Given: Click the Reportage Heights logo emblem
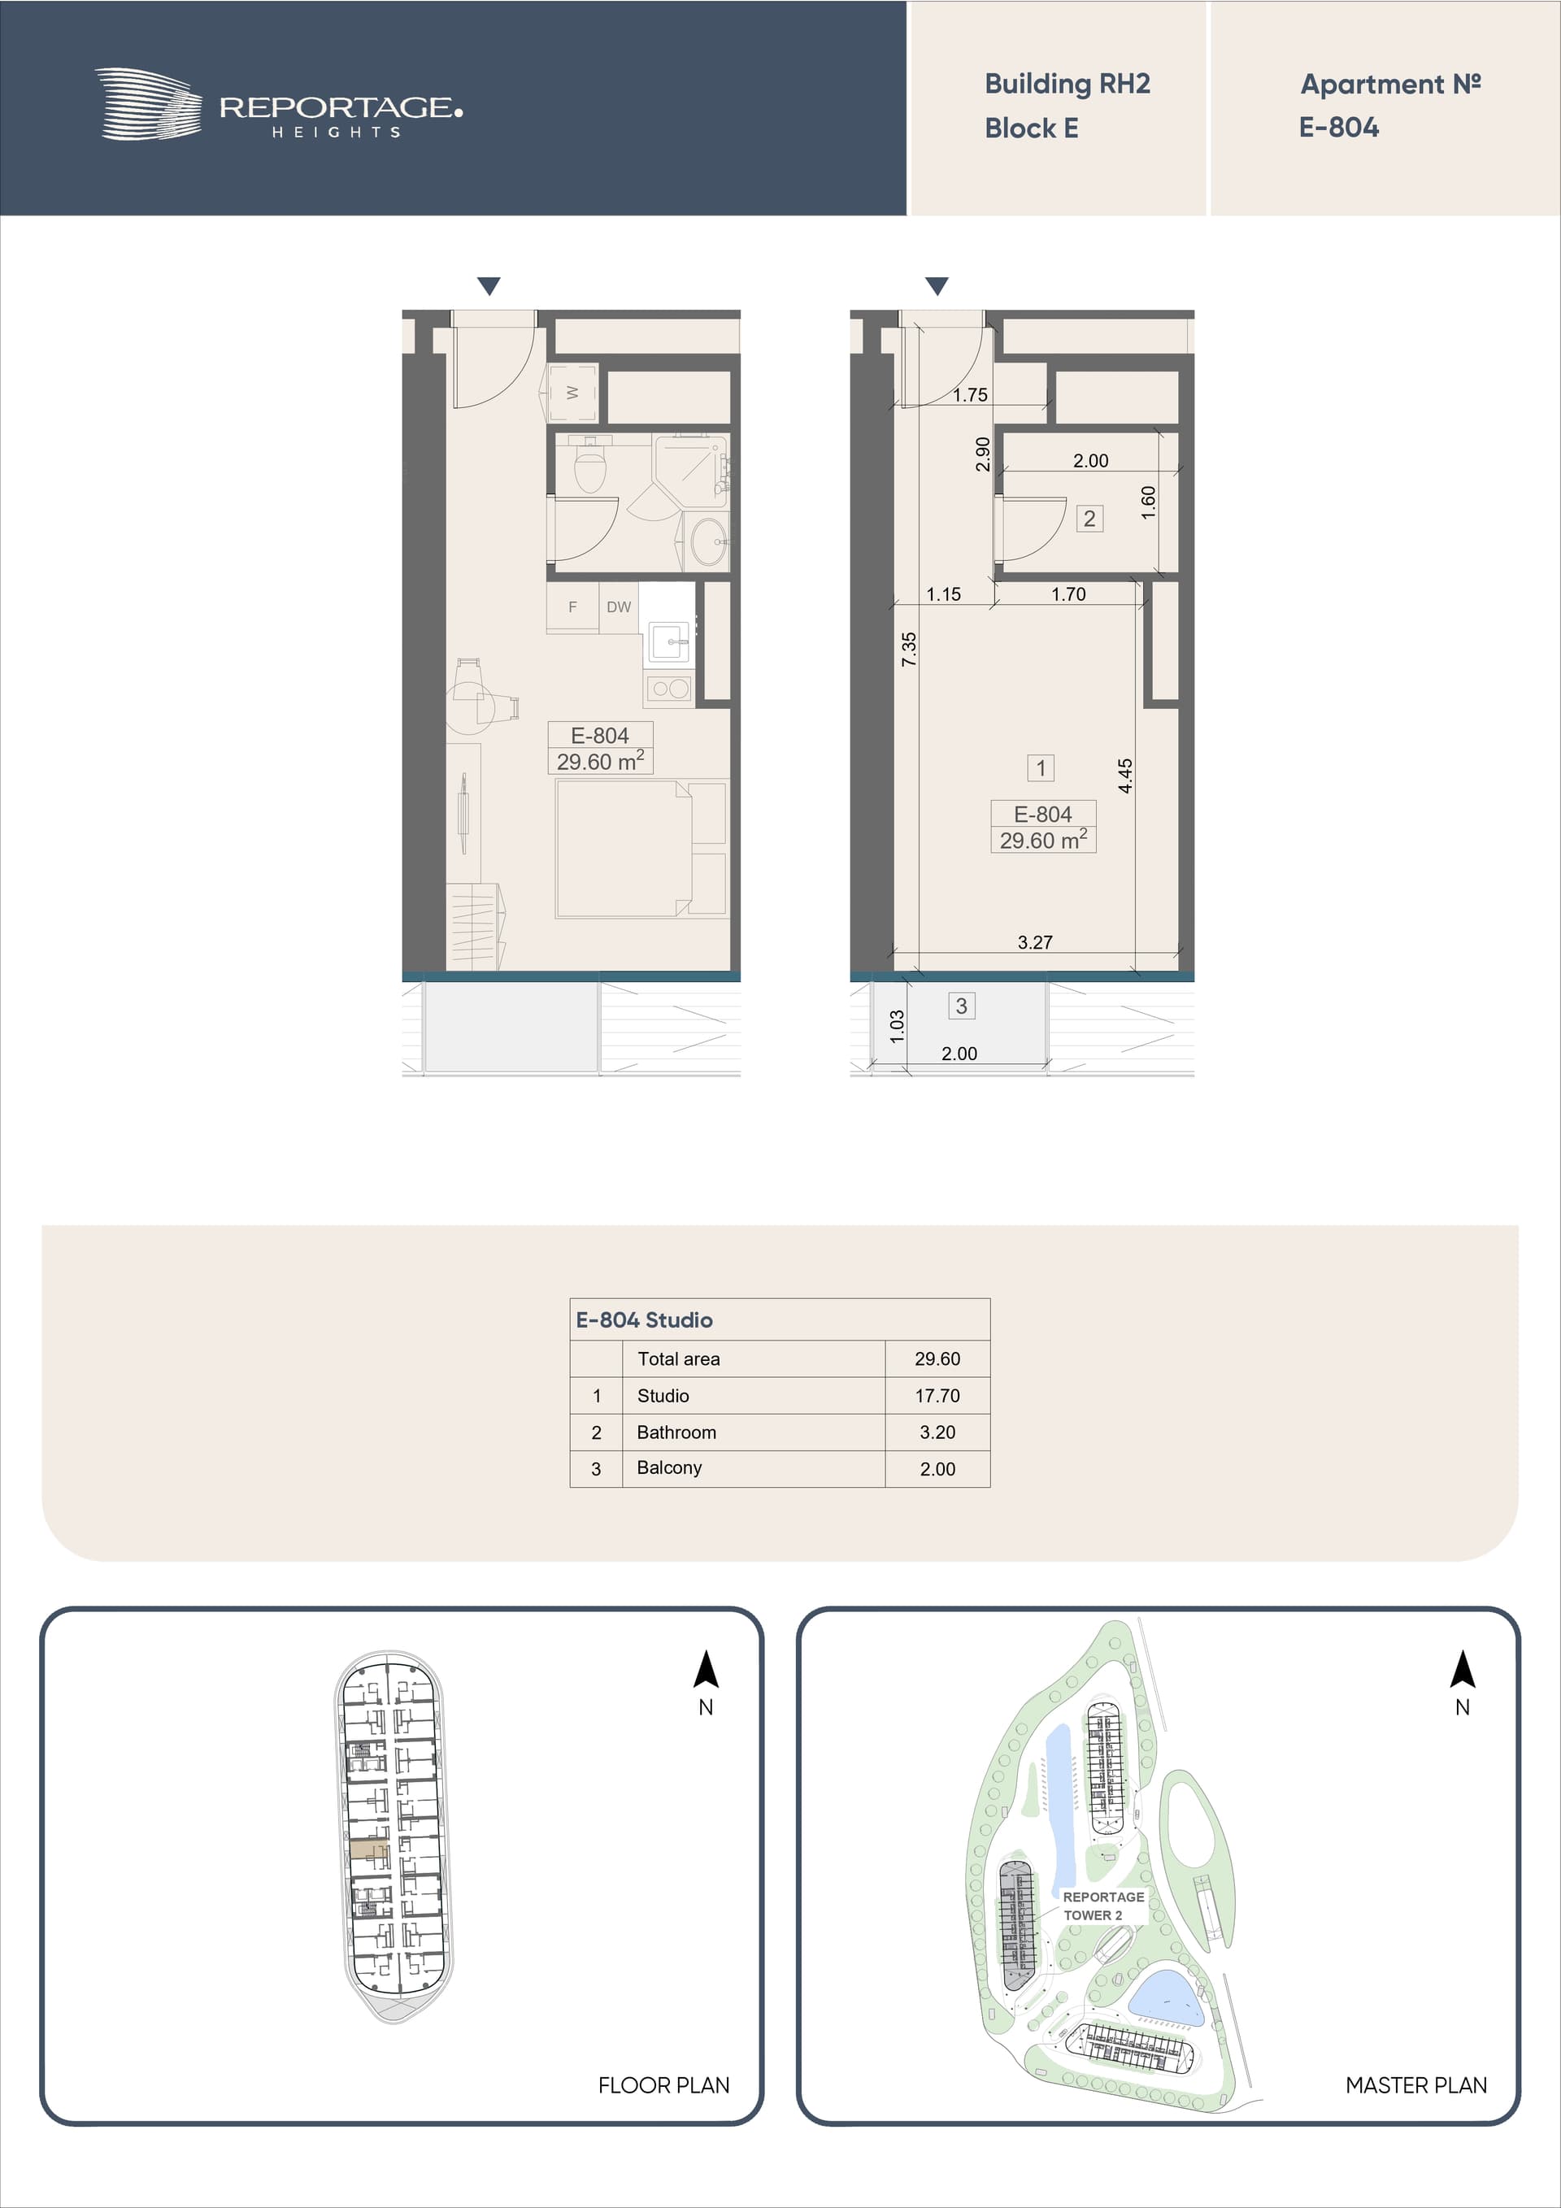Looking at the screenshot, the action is [x=148, y=104].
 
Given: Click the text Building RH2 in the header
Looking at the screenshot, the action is [x=1067, y=84].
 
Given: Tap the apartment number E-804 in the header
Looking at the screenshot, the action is [x=1339, y=127].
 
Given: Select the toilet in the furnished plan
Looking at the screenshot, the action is [x=589, y=463].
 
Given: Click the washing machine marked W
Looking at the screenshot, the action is [x=572, y=393].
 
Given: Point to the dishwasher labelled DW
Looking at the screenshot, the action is [x=619, y=606].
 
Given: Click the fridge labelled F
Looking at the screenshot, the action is [x=572, y=606].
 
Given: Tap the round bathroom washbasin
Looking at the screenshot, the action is [x=710, y=541].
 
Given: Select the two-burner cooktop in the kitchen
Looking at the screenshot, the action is [x=669, y=689].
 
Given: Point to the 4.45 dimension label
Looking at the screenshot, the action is [x=1125, y=776].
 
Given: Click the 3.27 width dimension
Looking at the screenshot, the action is [x=1035, y=942].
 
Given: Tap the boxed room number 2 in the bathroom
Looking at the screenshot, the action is [x=1089, y=519].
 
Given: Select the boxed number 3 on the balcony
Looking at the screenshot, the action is [x=961, y=1006].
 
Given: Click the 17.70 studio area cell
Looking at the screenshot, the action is [x=937, y=1395].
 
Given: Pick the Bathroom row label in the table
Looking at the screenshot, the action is [x=676, y=1432].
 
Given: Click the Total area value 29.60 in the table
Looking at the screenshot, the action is [x=937, y=1358].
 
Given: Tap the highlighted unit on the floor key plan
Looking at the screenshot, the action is [x=368, y=1849].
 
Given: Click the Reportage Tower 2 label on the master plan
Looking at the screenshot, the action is [x=1103, y=1905].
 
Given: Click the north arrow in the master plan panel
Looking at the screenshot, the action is [x=1462, y=1670].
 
